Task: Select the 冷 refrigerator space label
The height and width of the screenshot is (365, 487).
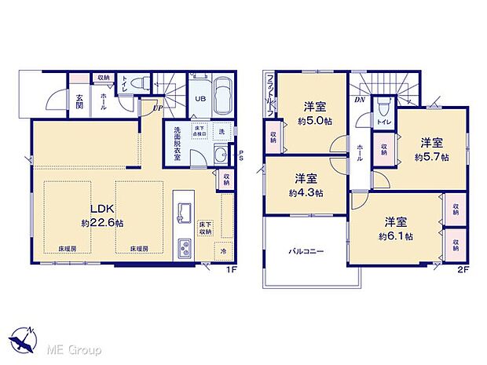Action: (x=222, y=252)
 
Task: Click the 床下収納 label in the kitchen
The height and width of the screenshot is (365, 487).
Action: (x=206, y=228)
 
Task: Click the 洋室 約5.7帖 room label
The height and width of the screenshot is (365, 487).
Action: (x=430, y=149)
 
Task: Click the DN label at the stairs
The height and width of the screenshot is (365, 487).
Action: (x=358, y=100)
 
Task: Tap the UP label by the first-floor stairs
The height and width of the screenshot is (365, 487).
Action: (x=158, y=108)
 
